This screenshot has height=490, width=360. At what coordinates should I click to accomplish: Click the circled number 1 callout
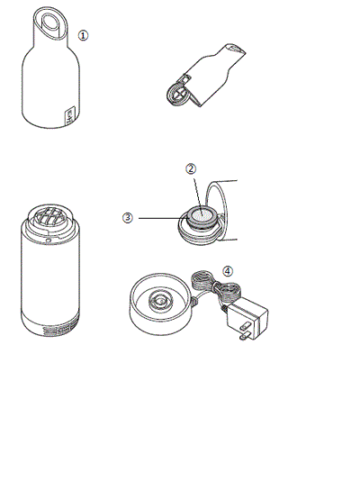[x=83, y=35]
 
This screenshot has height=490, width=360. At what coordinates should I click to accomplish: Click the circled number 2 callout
[x=191, y=168]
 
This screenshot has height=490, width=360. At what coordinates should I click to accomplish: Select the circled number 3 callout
[x=128, y=218]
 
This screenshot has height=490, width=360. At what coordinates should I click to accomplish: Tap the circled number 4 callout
[x=228, y=271]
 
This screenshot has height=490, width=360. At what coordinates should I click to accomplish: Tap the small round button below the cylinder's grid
[x=47, y=240]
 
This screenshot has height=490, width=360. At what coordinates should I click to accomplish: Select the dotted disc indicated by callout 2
[x=201, y=214]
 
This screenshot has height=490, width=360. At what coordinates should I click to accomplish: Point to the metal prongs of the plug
[x=245, y=331]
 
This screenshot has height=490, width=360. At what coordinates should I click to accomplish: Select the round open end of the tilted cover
[x=177, y=95]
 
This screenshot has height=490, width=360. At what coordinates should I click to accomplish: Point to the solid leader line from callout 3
[x=163, y=218]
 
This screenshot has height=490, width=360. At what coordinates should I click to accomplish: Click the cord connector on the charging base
[x=194, y=301]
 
